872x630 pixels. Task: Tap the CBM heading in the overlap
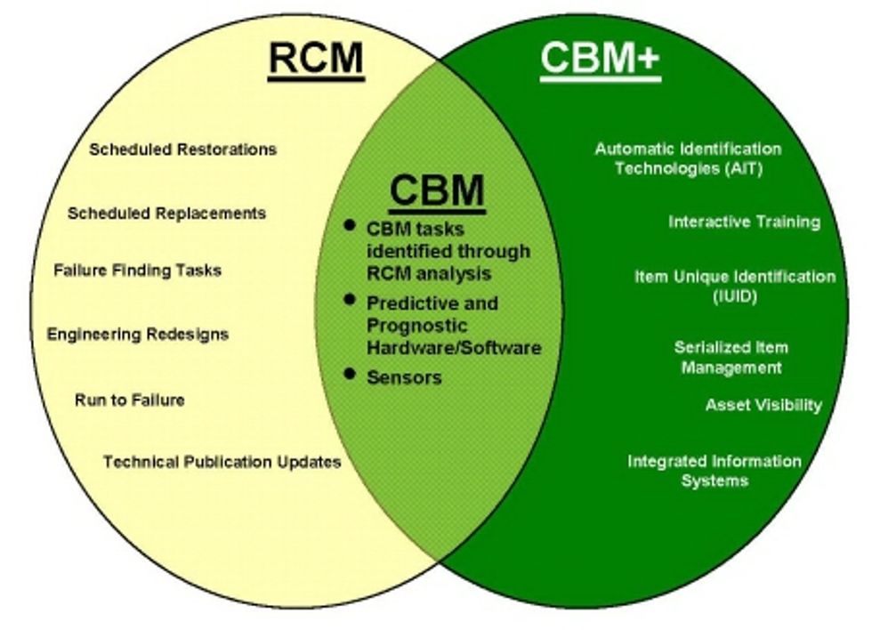pos(436,190)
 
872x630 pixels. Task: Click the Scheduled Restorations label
pos(182,149)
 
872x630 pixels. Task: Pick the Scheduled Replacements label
pos(166,213)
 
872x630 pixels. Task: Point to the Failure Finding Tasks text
pos(137,270)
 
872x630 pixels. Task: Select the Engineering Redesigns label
pos(138,335)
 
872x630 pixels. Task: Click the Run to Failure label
pos(130,400)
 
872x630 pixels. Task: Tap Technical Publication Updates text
pos(222,462)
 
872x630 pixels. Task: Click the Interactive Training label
pos(744,222)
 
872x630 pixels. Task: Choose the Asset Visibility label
pos(763,405)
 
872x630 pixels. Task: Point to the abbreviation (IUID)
pos(734,295)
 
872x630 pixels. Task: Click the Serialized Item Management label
pos(731,357)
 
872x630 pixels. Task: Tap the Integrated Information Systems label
pos(715,471)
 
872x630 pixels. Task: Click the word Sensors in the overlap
pos(404,377)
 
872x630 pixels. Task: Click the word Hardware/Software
pos(454,347)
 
